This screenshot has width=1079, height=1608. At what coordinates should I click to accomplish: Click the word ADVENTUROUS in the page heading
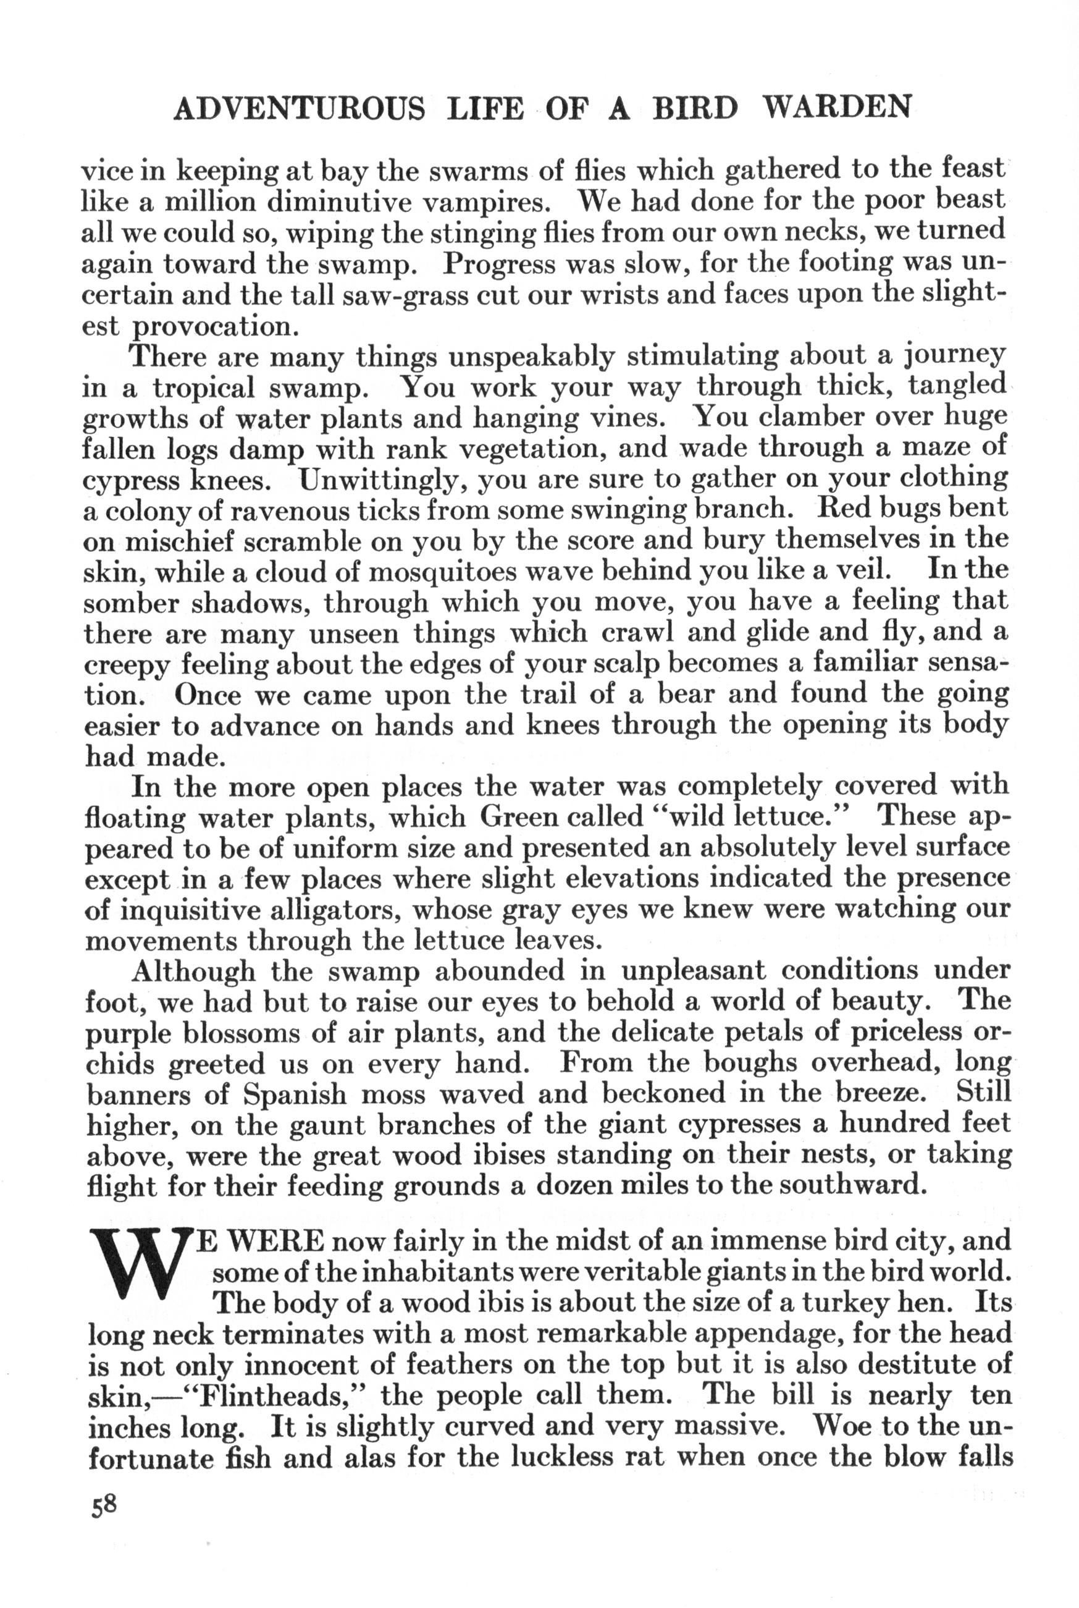coord(300,108)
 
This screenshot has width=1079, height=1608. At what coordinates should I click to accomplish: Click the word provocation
coord(215,326)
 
